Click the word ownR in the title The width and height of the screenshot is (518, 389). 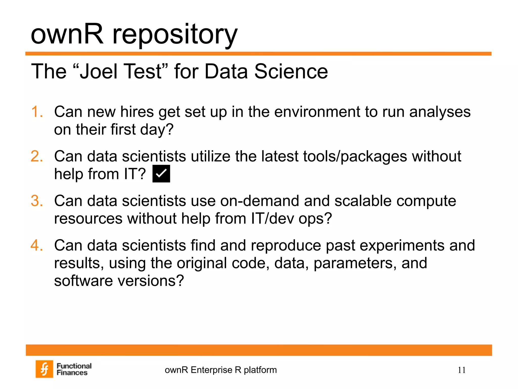pyautogui.click(x=67, y=34)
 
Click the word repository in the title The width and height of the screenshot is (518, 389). pyautogui.click(x=175, y=35)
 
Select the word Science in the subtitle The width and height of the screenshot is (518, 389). pyautogui.click(x=291, y=71)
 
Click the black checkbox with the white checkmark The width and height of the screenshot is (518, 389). pyautogui.click(x=161, y=174)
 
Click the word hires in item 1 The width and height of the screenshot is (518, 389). pyautogui.click(x=137, y=112)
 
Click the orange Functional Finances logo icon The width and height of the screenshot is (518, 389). pyautogui.click(x=44, y=369)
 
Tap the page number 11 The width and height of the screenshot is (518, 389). pyautogui.click(x=462, y=370)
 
